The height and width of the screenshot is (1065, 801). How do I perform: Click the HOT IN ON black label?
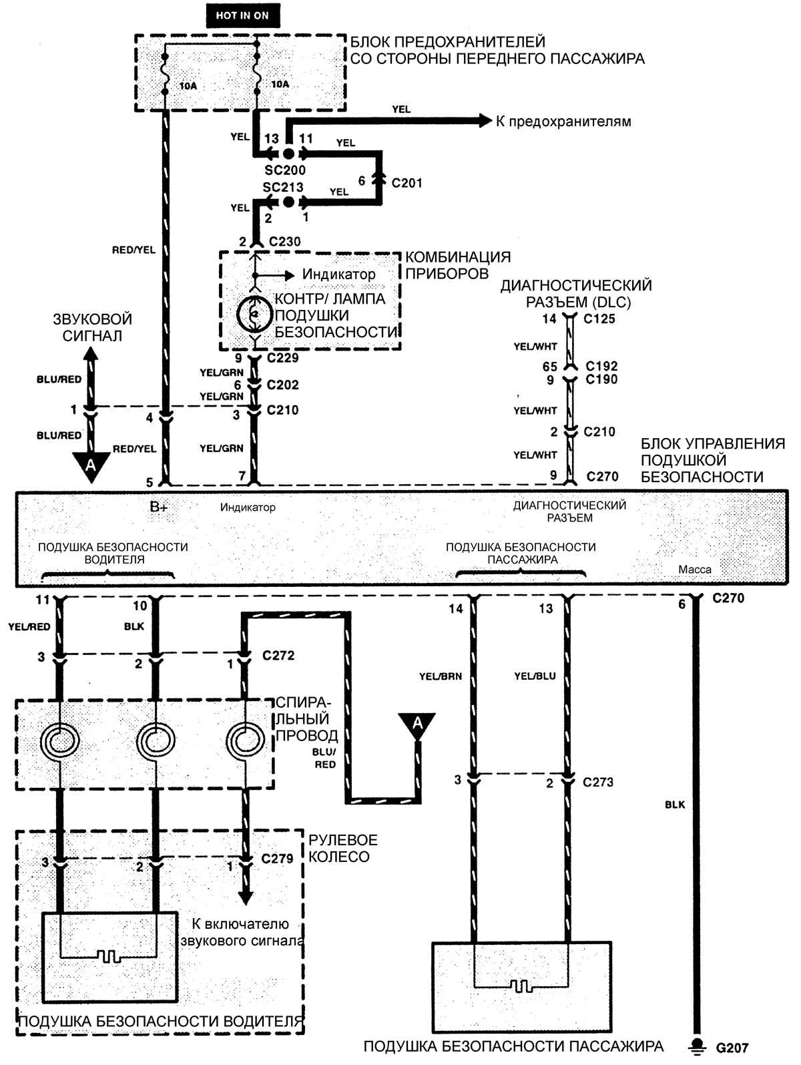242,15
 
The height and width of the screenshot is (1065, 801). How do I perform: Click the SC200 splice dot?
288,154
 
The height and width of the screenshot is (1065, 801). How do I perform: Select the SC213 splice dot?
288,202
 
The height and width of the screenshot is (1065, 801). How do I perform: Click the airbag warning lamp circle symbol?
254,314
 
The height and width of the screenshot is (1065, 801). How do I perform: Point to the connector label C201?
407,183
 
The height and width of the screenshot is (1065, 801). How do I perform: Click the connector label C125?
599,318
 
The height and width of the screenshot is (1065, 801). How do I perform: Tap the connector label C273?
598,782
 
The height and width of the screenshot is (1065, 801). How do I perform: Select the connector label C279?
277,859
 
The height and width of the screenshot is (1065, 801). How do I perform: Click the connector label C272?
278,656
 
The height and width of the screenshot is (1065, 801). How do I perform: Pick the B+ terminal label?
159,507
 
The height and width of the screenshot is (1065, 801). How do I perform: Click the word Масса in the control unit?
695,570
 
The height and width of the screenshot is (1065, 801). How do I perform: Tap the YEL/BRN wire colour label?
441,676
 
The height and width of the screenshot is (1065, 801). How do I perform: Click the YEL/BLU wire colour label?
535,676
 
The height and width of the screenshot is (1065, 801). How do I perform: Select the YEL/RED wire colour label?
29,627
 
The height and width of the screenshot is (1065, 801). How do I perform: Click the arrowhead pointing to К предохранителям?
485,121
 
